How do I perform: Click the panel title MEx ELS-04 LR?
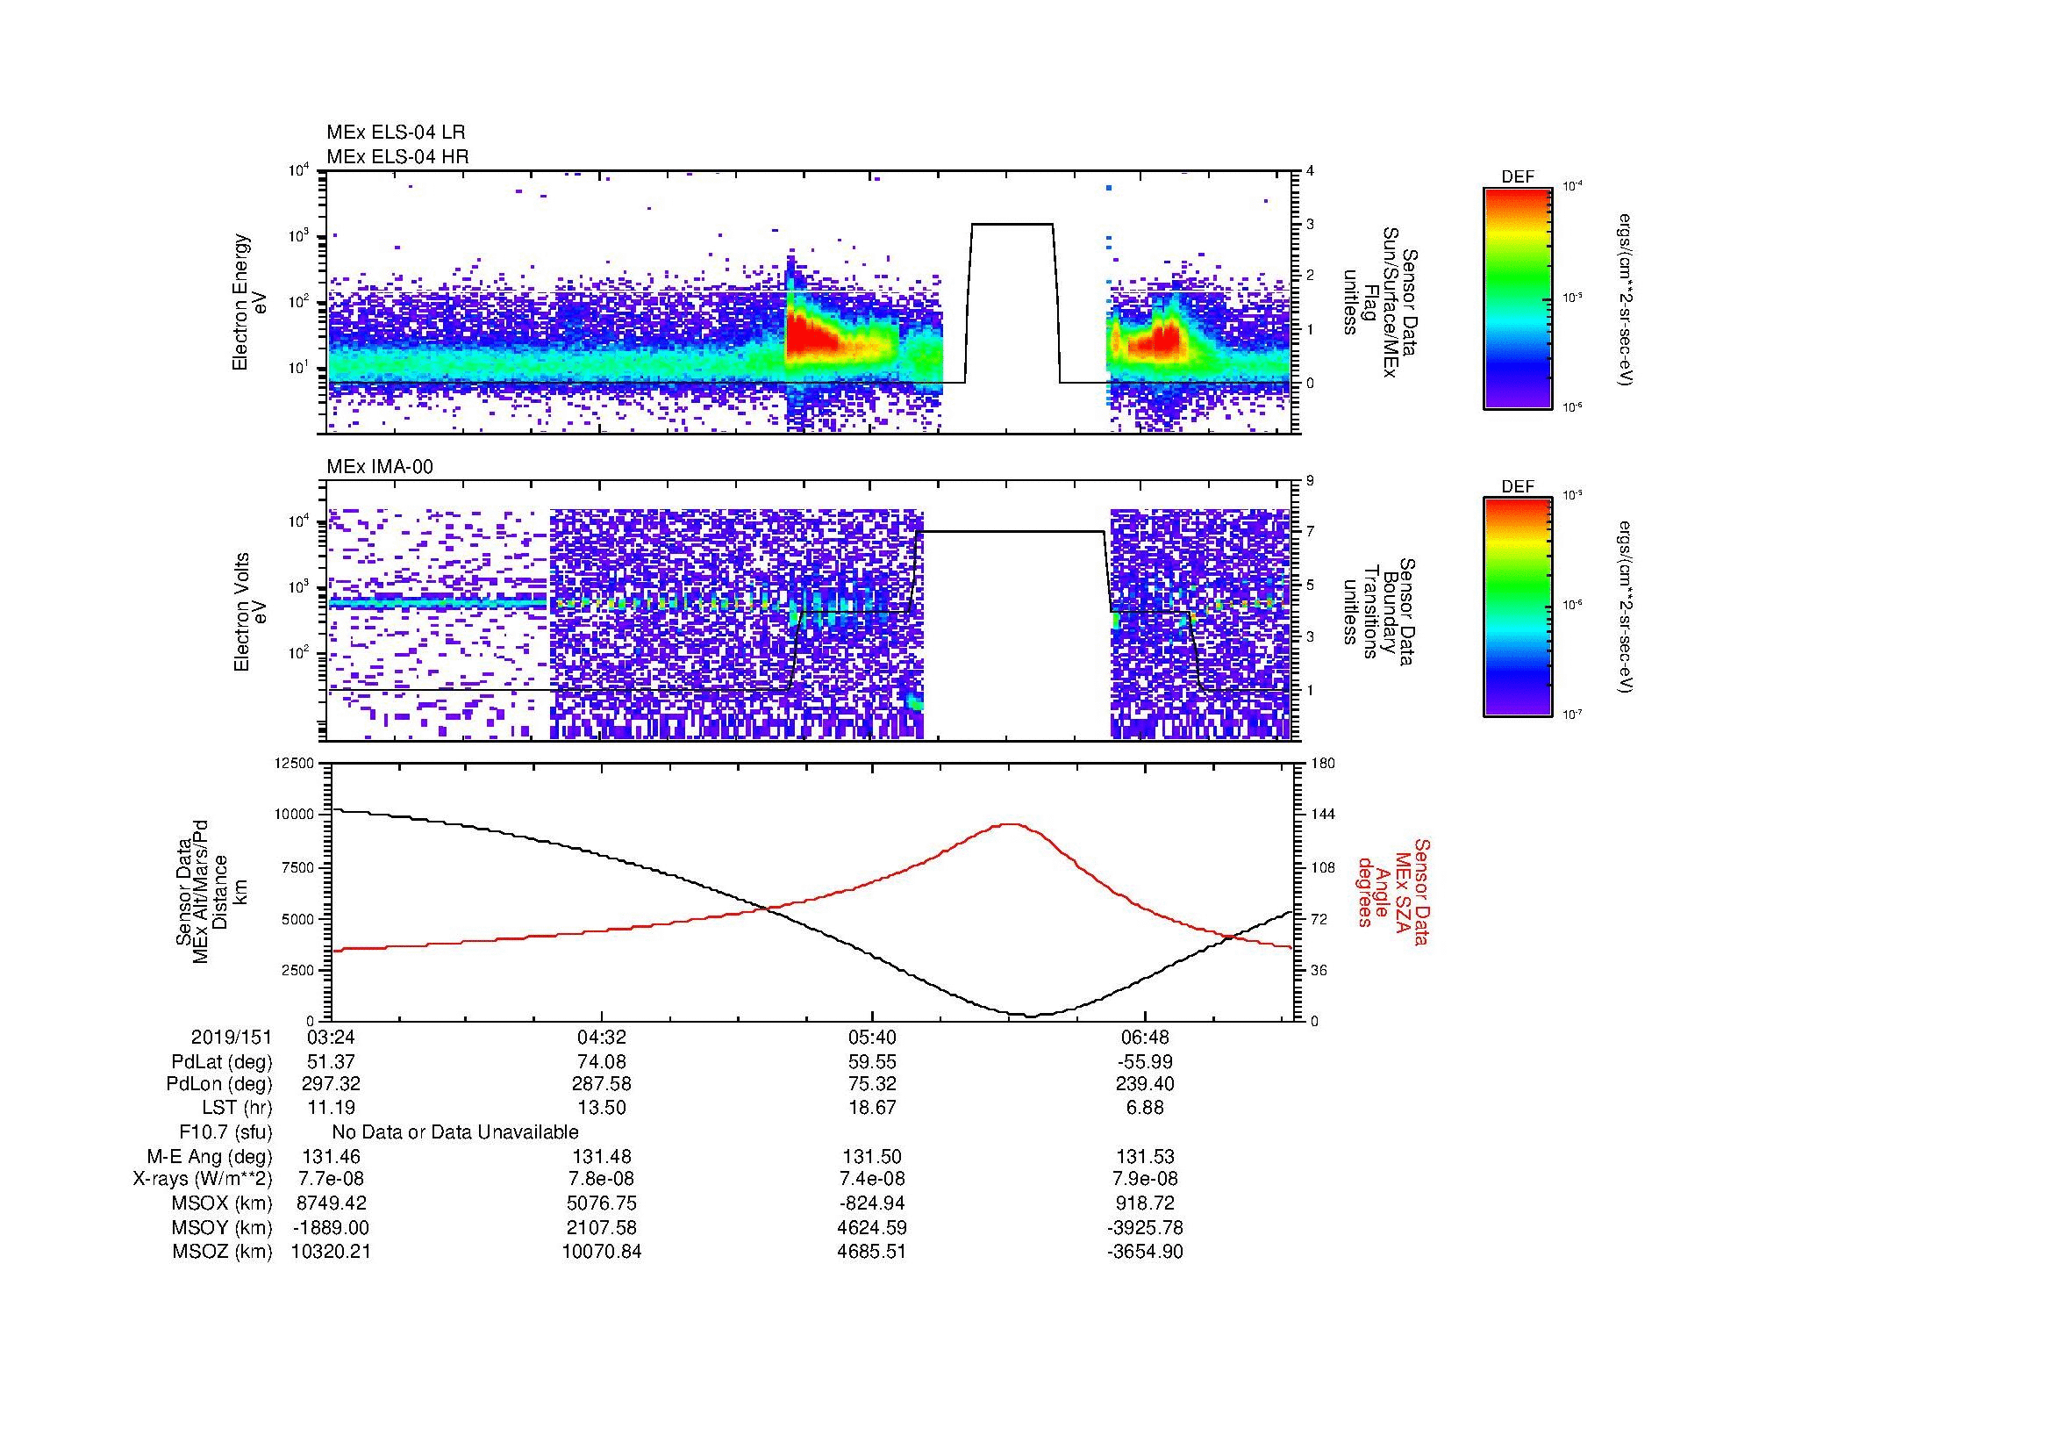click(x=395, y=133)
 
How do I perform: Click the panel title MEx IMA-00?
click(x=379, y=467)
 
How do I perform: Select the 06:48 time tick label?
click(x=1144, y=1038)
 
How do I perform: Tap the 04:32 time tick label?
click(x=602, y=1038)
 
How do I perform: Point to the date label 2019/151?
click(x=232, y=1038)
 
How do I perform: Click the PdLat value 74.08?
click(x=602, y=1062)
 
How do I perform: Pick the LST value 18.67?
click(x=872, y=1107)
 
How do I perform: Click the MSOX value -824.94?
click(x=872, y=1203)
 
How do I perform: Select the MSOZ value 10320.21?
click(x=331, y=1252)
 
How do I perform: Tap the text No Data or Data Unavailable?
click(x=455, y=1132)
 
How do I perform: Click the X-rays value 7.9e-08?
click(x=1144, y=1179)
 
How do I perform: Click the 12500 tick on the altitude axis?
click(x=295, y=763)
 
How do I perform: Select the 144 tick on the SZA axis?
click(x=1323, y=815)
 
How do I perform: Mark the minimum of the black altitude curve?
click(x=1031, y=1016)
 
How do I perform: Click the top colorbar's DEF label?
click(x=1517, y=177)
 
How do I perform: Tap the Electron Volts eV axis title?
click(x=250, y=613)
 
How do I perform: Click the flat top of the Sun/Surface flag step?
click(x=1012, y=224)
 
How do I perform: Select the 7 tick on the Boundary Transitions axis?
click(x=1310, y=532)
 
